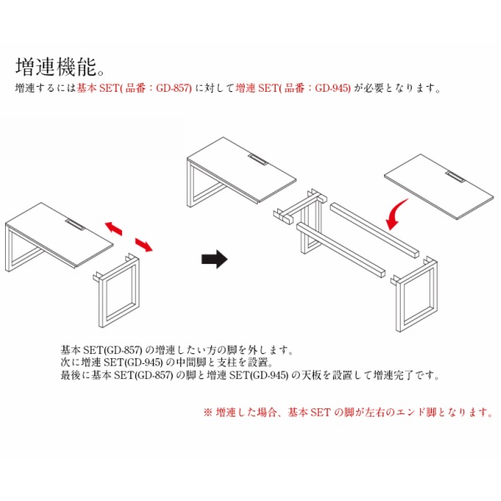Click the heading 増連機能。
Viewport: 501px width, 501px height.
60,67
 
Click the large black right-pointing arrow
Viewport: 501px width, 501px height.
215,259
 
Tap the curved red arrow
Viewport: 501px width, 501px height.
395,215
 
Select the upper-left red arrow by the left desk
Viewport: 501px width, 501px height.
114,228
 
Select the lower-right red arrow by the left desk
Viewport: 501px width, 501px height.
144,245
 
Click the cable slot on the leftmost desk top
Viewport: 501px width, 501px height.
75,225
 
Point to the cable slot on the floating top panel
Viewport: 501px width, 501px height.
456,177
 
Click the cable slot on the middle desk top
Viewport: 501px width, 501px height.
258,159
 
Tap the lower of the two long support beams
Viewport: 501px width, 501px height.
341,250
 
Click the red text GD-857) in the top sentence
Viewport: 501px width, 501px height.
174,88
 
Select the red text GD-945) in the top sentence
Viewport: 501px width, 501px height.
332,88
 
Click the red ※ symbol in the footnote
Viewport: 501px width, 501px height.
208,412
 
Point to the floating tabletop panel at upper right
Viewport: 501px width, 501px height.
439,186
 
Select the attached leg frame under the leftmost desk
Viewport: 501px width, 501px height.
23,249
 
